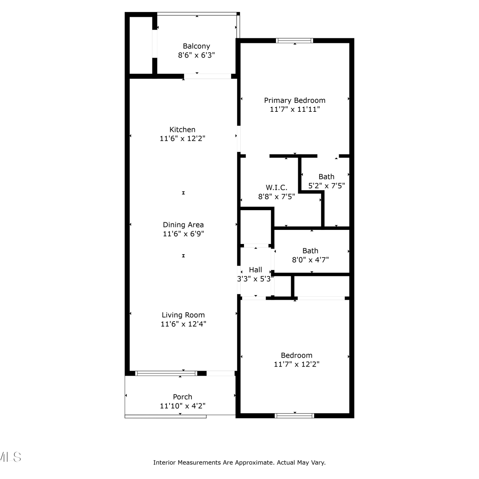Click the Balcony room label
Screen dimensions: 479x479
tap(196, 46)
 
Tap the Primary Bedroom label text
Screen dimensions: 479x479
tap(295, 101)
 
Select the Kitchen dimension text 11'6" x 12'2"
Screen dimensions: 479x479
tap(182, 138)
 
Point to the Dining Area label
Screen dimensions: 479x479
tap(183, 225)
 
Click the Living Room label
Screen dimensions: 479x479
tap(183, 315)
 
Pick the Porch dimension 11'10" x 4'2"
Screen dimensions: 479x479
tap(183, 406)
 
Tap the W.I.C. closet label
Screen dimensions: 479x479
tap(277, 187)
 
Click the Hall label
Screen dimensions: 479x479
tap(255, 270)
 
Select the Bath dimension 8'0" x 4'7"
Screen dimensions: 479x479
tap(310, 260)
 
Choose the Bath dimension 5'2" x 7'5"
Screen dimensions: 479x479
tap(326, 186)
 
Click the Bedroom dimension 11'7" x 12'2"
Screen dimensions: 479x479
tap(297, 364)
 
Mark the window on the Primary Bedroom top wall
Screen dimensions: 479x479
tap(294, 41)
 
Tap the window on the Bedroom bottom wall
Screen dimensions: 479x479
tap(294, 416)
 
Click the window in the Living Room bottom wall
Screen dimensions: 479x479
tap(166, 373)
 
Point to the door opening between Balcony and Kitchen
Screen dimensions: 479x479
tap(208, 76)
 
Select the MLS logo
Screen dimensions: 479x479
tap(10, 457)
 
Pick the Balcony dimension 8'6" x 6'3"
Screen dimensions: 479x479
tap(196, 55)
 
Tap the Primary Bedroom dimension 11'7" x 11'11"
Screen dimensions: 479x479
tap(295, 109)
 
